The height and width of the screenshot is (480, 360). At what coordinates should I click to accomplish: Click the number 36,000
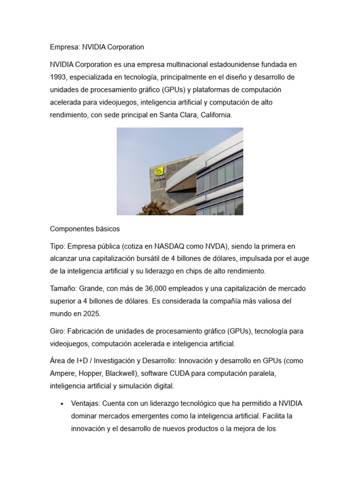tap(146, 288)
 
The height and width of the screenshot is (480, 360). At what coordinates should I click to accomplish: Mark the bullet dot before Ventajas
tap(62, 404)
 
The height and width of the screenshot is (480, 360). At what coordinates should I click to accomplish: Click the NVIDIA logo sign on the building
tap(159, 173)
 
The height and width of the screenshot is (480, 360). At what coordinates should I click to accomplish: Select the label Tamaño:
tap(63, 288)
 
